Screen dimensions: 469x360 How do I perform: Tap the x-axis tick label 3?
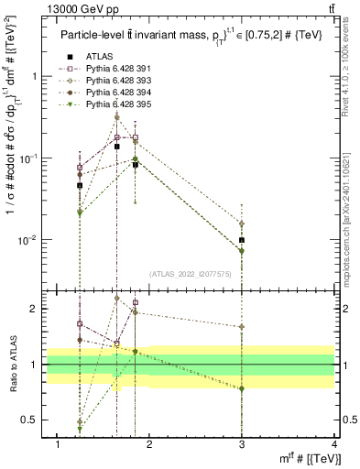[x=242, y=445]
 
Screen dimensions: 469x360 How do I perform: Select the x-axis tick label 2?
[x=150, y=445]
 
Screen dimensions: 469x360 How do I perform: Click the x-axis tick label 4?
[x=333, y=445]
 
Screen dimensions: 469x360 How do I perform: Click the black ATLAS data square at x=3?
[x=242, y=240]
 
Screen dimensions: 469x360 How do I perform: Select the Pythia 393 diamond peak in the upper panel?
[x=116, y=116]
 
